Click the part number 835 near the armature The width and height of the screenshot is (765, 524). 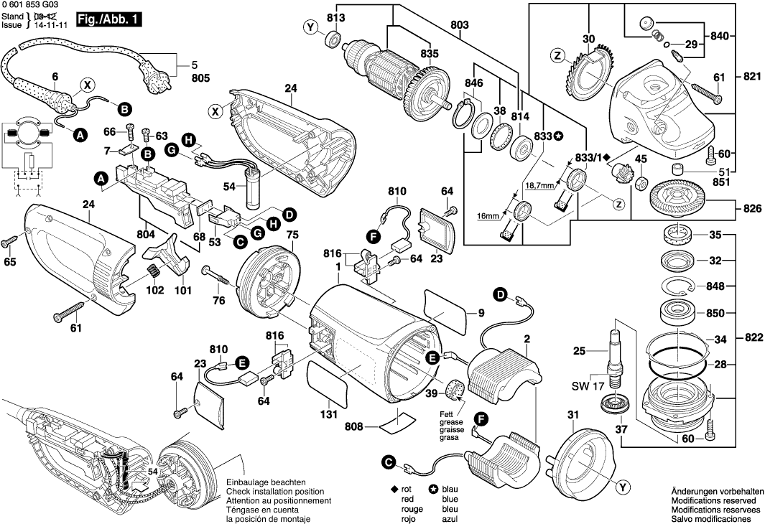[429, 52]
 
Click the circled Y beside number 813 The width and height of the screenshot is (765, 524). [311, 28]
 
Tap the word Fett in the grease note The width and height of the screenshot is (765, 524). [447, 414]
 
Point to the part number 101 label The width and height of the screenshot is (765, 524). [182, 291]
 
